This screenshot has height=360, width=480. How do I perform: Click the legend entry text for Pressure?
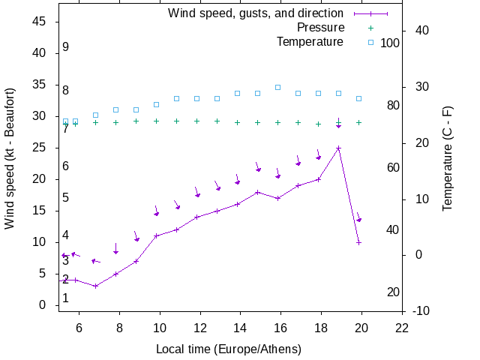click(320, 28)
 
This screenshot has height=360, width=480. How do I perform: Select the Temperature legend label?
click(310, 42)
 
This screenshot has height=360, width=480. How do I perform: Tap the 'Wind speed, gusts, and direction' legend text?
click(256, 13)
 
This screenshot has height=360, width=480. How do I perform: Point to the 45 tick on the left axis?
click(40, 22)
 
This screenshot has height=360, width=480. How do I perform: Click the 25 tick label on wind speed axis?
click(40, 148)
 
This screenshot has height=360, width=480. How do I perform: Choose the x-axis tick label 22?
click(402, 327)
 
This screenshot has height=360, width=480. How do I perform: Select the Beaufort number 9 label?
click(66, 47)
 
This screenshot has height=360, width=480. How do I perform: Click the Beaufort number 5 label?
click(66, 198)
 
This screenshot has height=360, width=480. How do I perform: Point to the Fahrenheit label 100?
click(390, 43)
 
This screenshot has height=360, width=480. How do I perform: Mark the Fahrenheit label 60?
click(393, 167)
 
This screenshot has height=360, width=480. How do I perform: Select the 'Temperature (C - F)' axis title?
click(448, 158)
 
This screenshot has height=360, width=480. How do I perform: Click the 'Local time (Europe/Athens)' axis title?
click(229, 349)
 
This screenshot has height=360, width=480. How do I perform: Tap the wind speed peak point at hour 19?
click(338, 148)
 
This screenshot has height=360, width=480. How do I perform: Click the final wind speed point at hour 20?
click(358, 242)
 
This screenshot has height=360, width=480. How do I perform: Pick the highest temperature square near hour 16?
click(277, 87)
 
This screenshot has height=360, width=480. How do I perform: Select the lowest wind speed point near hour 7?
click(95, 286)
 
